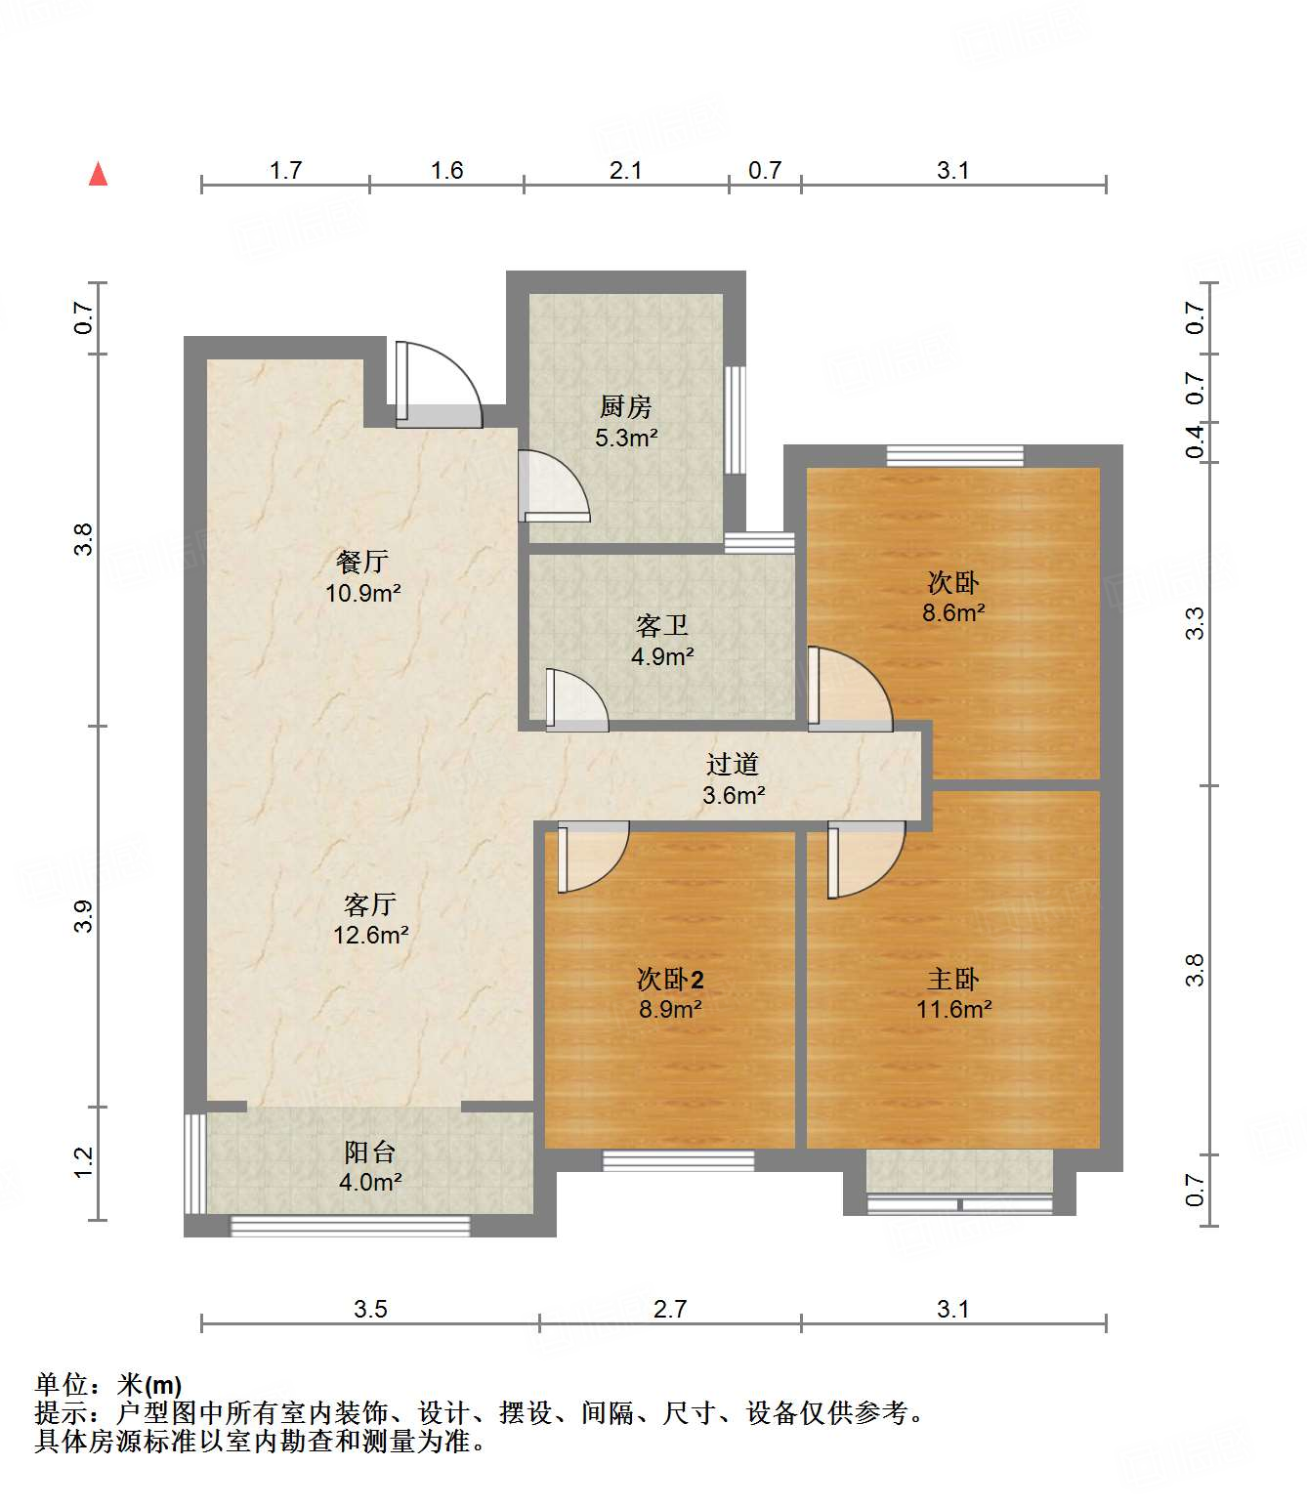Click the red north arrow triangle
(x=98, y=174)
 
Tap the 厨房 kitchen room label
(x=625, y=406)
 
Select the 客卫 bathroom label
(x=661, y=625)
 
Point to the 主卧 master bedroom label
(x=952, y=979)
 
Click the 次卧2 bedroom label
(x=669, y=979)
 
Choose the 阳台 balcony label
(x=369, y=1152)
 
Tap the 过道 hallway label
(x=733, y=765)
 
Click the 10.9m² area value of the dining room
(x=363, y=593)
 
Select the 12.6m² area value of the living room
(x=370, y=936)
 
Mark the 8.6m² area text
(x=953, y=613)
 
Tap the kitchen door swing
(x=553, y=484)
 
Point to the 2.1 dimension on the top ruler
(x=625, y=171)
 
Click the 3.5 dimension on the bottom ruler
(x=370, y=1309)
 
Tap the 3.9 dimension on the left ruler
(x=84, y=915)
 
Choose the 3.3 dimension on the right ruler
(x=1195, y=623)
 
